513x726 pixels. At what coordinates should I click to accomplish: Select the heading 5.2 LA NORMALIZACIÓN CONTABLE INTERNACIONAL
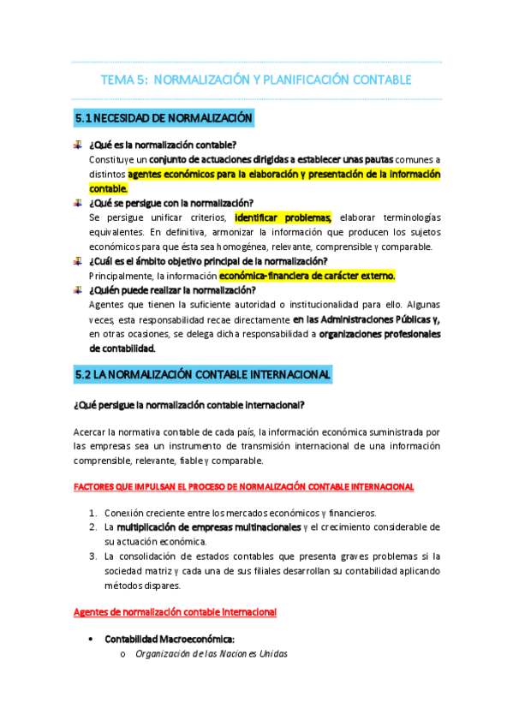[x=203, y=375]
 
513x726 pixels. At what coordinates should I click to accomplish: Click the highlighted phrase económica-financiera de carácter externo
[x=307, y=276]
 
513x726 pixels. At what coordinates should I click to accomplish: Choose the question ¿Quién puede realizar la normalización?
[x=172, y=290]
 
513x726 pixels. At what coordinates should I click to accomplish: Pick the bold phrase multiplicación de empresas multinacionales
[x=209, y=527]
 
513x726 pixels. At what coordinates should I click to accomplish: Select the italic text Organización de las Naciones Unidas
[x=212, y=654]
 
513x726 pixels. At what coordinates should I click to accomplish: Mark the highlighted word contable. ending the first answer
[x=108, y=188]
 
